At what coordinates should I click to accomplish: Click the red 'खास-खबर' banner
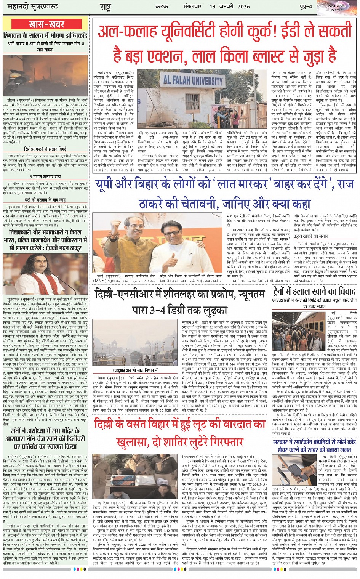(46, 24)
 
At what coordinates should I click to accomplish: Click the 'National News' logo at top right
(337, 8)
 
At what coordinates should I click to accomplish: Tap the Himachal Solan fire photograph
(45, 75)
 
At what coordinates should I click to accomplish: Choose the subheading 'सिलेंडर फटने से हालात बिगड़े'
(45, 149)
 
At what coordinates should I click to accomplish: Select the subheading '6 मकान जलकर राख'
(45, 177)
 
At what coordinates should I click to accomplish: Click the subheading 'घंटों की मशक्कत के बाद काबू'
(45, 200)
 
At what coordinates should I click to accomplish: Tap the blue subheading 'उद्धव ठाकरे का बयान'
(311, 236)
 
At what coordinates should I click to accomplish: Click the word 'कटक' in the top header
(162, 6)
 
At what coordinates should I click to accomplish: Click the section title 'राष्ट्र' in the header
(106, 7)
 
